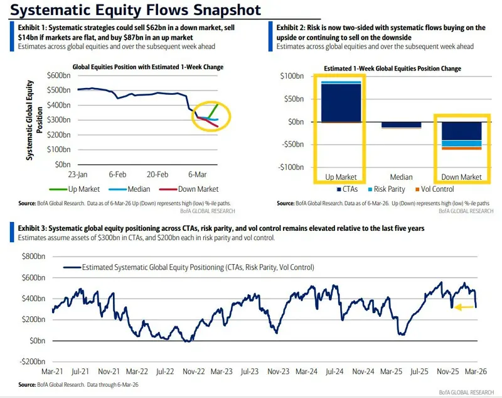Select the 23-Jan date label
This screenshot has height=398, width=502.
click(x=78, y=174)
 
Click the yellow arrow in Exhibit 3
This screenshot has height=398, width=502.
click(x=464, y=307)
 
